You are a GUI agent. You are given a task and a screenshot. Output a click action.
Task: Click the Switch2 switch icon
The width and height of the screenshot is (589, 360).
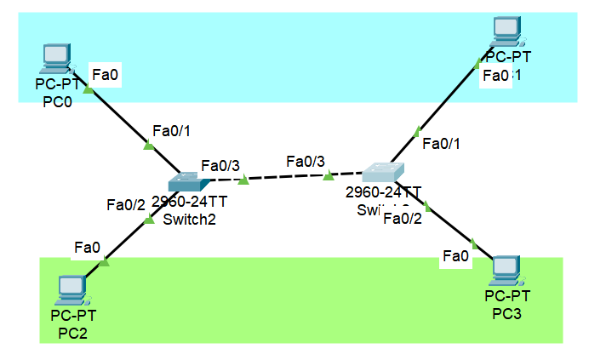click(186, 180)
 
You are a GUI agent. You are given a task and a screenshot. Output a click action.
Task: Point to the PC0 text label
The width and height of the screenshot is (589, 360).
click(57, 100)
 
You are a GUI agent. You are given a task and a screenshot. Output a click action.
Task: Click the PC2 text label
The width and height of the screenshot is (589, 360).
click(73, 331)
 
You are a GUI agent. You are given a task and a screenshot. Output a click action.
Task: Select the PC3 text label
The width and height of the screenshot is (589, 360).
click(507, 313)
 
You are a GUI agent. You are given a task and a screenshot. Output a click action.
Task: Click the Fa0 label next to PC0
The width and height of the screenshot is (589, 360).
click(105, 77)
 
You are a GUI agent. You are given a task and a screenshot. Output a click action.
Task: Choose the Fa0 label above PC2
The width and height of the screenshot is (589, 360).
click(87, 248)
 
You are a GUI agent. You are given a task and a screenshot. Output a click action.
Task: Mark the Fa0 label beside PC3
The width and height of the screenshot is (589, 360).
click(455, 255)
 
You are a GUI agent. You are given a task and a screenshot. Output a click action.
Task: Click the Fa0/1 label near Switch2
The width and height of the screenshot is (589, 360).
click(171, 130)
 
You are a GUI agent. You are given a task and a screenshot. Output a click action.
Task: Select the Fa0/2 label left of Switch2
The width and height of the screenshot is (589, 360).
click(126, 204)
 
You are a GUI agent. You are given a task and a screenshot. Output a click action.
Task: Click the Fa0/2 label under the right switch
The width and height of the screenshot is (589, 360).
click(403, 219)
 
